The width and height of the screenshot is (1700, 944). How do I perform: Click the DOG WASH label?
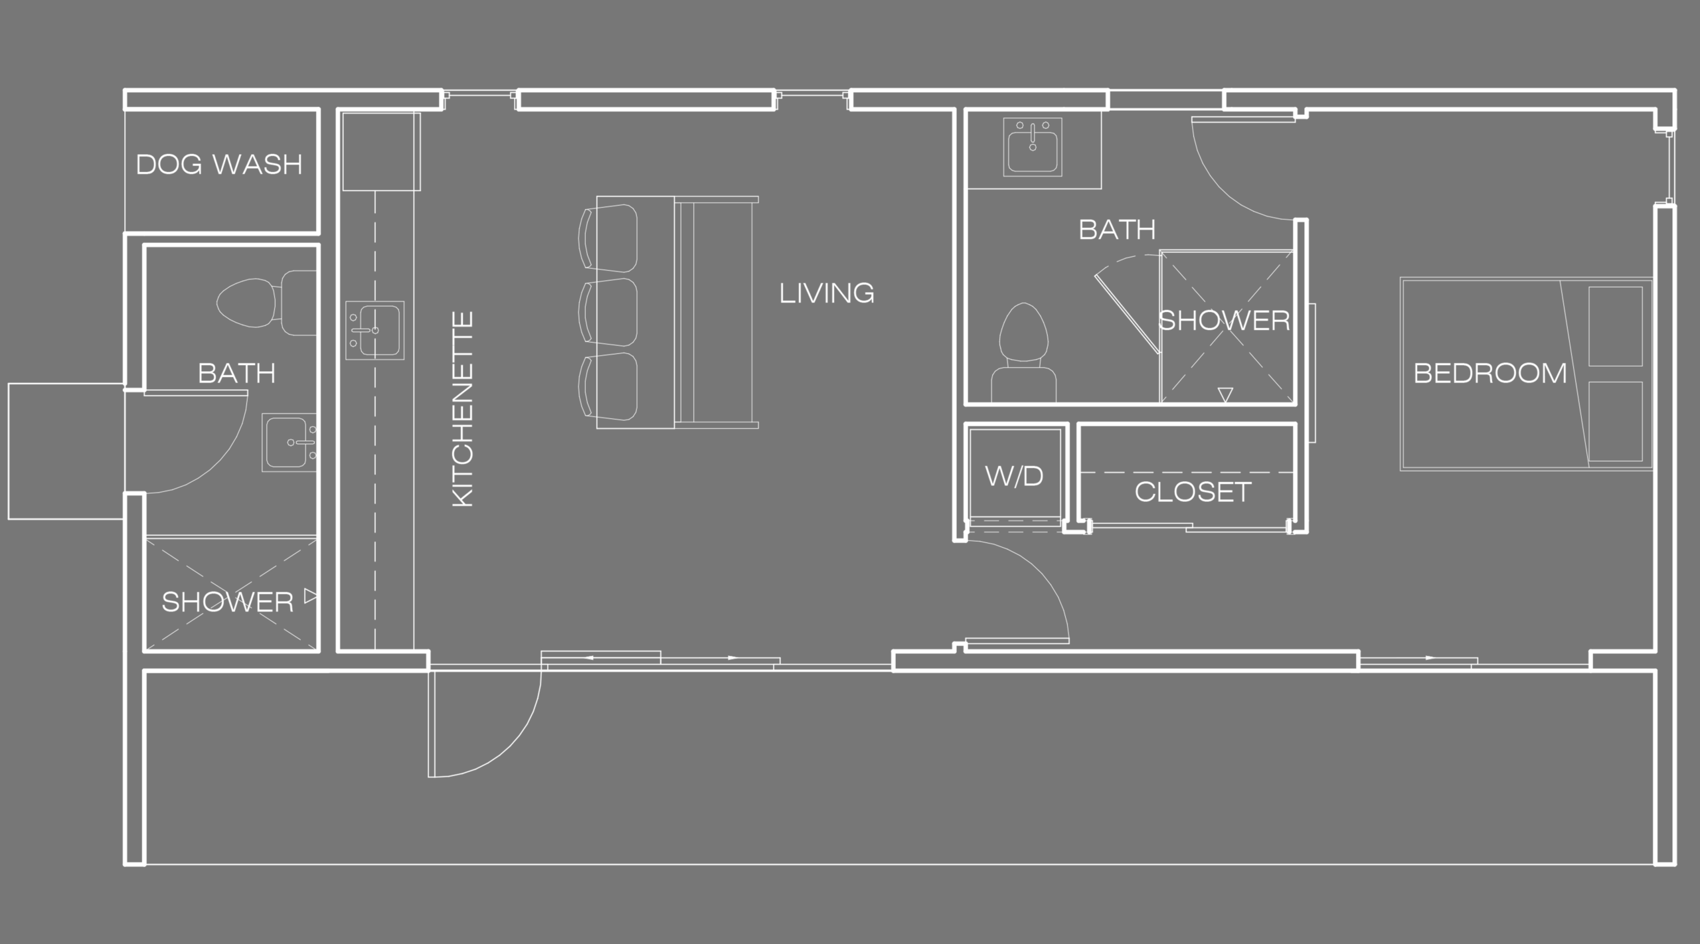point(219,164)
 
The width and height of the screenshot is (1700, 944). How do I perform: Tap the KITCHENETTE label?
point(463,410)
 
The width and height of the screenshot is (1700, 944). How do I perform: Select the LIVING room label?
point(827,293)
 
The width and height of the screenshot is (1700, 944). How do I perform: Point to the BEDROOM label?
point(1490,373)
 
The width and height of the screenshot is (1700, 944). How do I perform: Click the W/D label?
point(1014,476)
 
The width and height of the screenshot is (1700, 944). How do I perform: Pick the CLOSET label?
point(1193,492)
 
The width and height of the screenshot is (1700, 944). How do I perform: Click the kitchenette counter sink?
point(375,330)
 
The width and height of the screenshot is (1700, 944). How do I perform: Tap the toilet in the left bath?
point(266,303)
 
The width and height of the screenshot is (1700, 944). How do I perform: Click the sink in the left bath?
point(290,442)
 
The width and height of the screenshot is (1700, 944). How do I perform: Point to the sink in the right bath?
point(1033,147)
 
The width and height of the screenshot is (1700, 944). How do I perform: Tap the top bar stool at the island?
point(608,238)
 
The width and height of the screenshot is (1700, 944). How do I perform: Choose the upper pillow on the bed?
point(1616,326)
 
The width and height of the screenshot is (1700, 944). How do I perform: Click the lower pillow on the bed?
point(1616,422)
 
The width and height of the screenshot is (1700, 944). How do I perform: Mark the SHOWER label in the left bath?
point(228,602)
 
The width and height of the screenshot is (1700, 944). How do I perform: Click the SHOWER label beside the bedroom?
point(1225,321)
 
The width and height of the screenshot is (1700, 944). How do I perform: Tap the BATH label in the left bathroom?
point(236,374)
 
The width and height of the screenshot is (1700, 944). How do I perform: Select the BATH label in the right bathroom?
point(1117,230)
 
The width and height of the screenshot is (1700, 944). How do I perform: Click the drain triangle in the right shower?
point(1226,395)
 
